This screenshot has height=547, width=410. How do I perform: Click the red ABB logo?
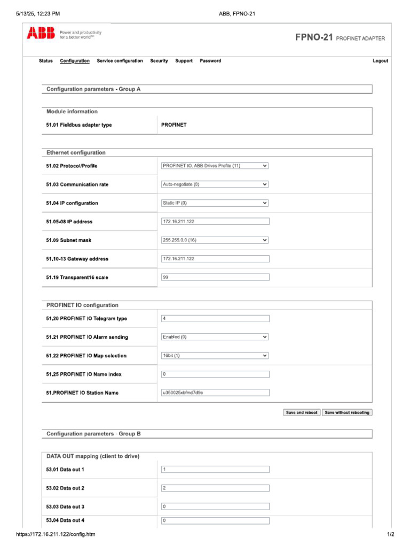coord(41,34)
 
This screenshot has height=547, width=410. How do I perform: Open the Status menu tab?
coord(46,61)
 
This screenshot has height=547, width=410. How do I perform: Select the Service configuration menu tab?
coord(120,61)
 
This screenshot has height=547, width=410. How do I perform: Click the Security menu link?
coord(159,61)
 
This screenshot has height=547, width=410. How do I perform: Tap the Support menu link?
coord(184,61)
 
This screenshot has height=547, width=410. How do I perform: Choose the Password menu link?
coord(210,61)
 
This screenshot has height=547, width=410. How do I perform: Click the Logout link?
coord(380,61)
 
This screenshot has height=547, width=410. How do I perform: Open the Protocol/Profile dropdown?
coord(215,166)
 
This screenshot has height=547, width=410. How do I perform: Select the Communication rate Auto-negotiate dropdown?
coord(215,184)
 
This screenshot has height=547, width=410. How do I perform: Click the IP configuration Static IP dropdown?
coord(215,203)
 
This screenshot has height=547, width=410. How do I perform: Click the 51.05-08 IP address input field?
coord(215,222)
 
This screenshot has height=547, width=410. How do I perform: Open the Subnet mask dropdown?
coord(215,240)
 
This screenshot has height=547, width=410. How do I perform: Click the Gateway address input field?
coord(215,259)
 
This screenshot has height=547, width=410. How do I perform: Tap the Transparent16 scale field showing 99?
coord(215,277)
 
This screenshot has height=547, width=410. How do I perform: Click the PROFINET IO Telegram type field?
coord(215,319)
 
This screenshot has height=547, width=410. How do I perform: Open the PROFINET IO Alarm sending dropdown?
coord(215,337)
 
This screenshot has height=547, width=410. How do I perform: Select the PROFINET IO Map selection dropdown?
coord(215,356)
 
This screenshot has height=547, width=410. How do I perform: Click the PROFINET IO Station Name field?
coord(215,393)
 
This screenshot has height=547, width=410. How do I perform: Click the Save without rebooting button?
coord(347,412)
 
